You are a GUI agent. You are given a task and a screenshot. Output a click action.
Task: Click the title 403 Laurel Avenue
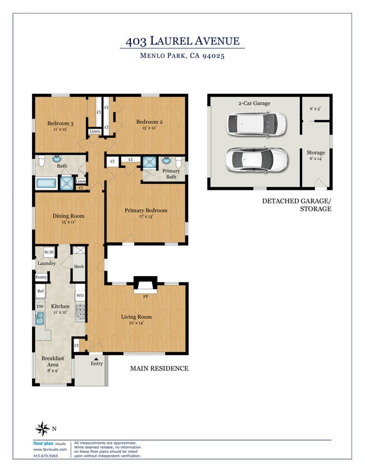[x=182, y=41]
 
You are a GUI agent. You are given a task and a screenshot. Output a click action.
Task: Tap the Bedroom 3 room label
[x=60, y=123]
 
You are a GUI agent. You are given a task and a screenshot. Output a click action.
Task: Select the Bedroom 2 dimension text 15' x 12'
[x=149, y=128]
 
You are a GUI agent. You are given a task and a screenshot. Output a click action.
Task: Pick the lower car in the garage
[x=255, y=159]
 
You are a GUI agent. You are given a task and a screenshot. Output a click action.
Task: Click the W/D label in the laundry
[x=49, y=251]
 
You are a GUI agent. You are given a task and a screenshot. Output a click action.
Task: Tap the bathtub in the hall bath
[x=47, y=183]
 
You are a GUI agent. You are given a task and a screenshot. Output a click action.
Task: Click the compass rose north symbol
[x=42, y=429]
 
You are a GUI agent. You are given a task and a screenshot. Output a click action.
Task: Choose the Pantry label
[x=42, y=277]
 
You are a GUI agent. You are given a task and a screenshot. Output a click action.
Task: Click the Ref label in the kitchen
[x=40, y=291]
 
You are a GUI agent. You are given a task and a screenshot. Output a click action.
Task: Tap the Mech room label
[x=79, y=267]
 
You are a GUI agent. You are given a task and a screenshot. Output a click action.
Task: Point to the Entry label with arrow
[x=97, y=363]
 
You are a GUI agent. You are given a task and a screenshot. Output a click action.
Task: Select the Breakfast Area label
[x=53, y=361]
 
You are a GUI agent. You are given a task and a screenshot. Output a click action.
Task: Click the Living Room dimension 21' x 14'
[x=136, y=323]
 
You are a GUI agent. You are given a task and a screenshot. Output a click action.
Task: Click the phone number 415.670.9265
[x=45, y=455]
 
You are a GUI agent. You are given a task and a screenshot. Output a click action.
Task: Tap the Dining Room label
[x=69, y=216]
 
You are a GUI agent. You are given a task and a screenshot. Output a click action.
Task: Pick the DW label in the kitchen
[x=40, y=306]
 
